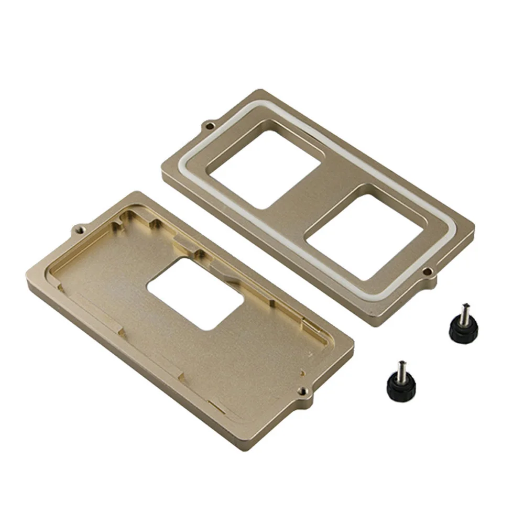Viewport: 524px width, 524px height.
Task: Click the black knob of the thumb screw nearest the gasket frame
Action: point(464,327)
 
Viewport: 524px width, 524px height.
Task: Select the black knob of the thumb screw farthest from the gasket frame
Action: point(398,386)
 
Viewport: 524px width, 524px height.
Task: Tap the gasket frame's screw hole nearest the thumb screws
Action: point(429,271)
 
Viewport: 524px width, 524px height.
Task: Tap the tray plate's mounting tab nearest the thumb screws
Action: point(304,392)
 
